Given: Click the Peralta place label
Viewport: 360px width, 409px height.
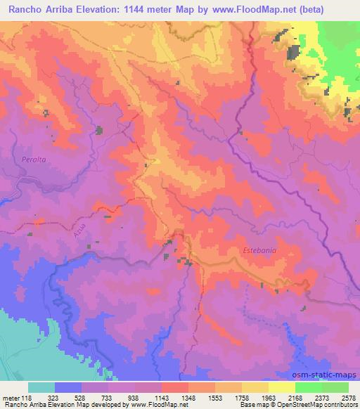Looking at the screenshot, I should tap(33, 160).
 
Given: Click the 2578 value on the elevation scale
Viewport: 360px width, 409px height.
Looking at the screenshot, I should tap(348, 397).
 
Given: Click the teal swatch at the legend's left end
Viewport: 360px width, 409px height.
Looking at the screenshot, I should tap(41, 387).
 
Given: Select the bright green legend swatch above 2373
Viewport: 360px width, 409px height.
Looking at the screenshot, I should tap(308, 387).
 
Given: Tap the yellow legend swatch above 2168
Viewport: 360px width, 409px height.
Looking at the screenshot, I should tap(281, 387).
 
